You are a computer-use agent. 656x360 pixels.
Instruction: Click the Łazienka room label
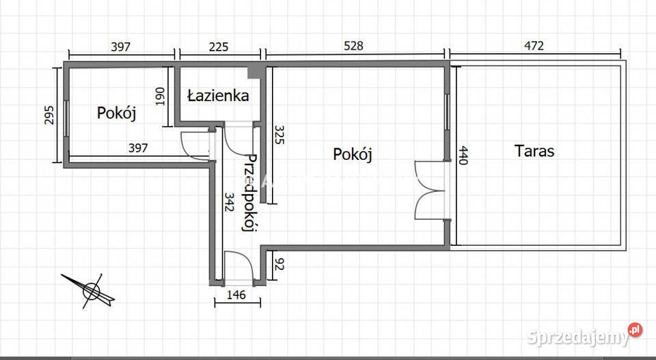219,96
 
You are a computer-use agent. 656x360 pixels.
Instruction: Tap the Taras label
534,150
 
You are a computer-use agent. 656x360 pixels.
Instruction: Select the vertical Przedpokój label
250,193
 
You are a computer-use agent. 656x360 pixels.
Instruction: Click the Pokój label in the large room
353,154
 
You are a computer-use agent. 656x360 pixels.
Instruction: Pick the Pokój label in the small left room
116,113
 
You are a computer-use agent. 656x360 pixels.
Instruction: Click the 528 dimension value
353,46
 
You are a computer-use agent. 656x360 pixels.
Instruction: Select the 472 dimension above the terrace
533,46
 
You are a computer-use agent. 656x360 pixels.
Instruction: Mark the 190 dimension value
161,96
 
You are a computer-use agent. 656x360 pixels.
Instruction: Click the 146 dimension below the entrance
236,296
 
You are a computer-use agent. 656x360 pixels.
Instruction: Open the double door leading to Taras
430,189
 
